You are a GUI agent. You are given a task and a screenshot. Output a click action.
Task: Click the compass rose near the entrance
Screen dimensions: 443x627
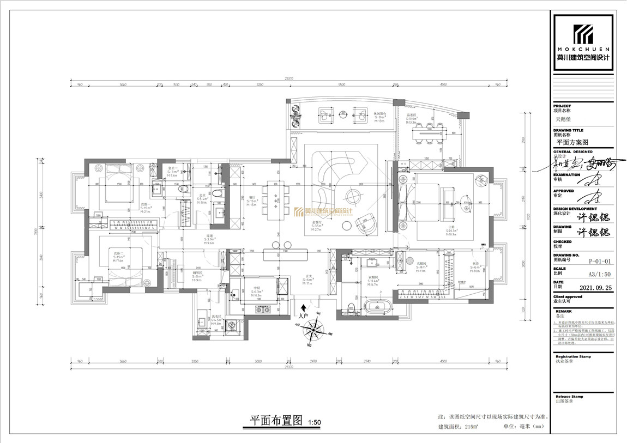coord(312,329)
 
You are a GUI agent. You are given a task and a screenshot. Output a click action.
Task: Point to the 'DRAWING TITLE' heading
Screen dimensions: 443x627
coord(569,131)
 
